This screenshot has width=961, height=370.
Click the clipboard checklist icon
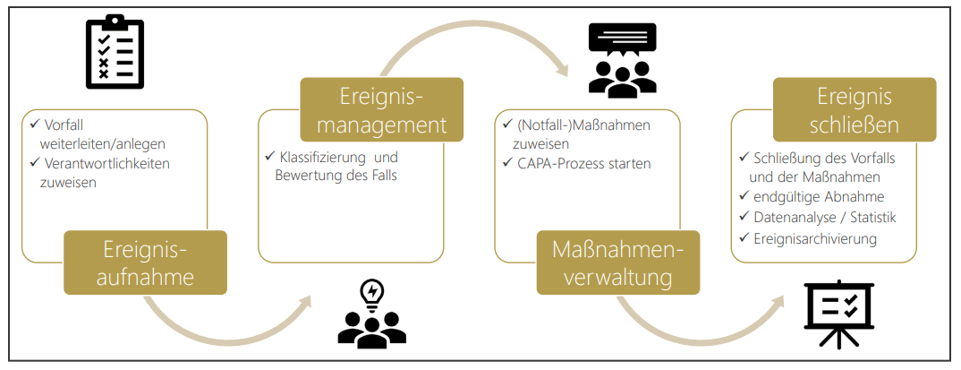click(x=114, y=54)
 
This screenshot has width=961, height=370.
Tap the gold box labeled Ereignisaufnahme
click(x=146, y=263)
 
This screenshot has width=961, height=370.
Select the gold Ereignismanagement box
click(x=382, y=109)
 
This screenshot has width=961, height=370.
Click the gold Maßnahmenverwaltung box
click(x=617, y=263)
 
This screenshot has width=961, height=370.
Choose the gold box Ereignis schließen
click(x=854, y=109)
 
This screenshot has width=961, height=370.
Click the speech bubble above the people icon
click(x=622, y=37)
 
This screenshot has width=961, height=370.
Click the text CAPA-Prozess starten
click(x=583, y=163)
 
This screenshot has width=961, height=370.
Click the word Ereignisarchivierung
click(x=813, y=239)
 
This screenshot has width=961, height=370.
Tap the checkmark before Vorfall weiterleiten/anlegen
click(x=35, y=125)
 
